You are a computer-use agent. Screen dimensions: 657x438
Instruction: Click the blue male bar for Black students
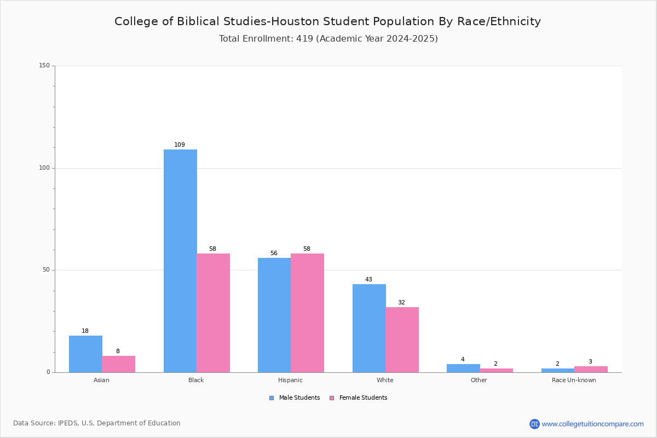click(180, 261)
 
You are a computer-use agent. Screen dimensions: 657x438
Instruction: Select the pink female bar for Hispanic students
click(307, 313)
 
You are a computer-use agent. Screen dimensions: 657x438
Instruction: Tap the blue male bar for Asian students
click(85, 354)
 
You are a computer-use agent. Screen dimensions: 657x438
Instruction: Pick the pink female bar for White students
click(402, 339)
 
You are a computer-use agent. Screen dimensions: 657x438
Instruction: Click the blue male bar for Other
click(463, 368)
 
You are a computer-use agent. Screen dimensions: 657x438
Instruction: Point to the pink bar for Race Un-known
click(591, 370)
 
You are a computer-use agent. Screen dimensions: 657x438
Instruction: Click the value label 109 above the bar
click(180, 145)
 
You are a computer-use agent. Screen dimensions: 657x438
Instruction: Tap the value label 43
click(368, 279)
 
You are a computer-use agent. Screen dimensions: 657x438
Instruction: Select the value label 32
click(401, 302)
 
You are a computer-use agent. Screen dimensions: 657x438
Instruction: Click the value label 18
click(85, 331)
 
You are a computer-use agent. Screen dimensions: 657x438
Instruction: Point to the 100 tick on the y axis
click(44, 168)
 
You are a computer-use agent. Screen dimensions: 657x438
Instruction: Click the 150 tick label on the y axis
click(44, 65)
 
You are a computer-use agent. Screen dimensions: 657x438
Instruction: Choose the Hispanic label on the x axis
click(290, 380)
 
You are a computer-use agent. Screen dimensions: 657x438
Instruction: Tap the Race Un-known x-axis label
click(574, 380)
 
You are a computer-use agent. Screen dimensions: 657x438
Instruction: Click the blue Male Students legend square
click(272, 398)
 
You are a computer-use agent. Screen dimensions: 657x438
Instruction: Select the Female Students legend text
click(364, 398)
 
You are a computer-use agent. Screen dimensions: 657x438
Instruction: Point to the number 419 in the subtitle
click(305, 38)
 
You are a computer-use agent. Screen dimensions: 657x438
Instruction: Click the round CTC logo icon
click(535, 424)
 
